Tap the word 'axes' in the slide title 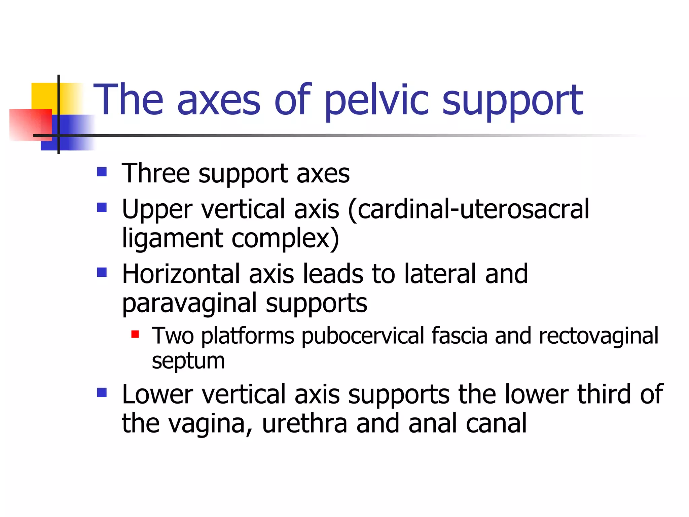tap(219, 101)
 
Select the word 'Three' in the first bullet tap(155, 173)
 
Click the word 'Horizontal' tap(181, 274)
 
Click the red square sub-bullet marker tap(135, 334)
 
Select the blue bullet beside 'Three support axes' tap(102, 172)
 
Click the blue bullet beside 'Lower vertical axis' tap(102, 392)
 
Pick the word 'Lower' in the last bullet tap(157, 394)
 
